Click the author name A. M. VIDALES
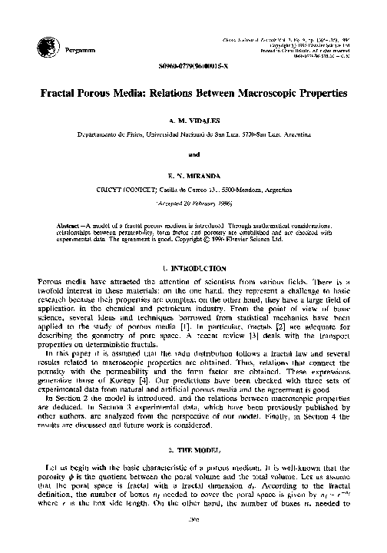tap(193, 121)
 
